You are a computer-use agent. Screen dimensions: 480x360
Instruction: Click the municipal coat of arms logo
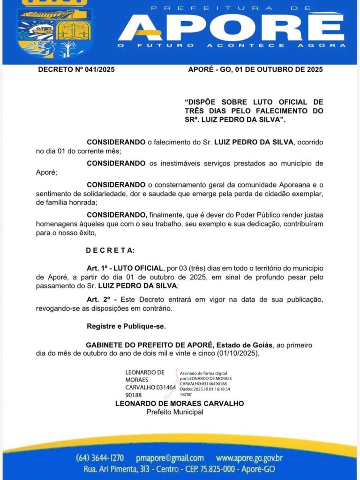55,30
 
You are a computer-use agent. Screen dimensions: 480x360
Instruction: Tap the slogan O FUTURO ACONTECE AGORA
232,45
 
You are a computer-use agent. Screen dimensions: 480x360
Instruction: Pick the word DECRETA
110,250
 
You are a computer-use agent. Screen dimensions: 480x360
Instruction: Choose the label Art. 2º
99,299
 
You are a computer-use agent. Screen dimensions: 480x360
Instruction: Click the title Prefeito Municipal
175,412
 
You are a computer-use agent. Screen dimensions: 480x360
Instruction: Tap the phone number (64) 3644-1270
100,458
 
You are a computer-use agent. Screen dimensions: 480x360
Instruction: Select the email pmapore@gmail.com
170,458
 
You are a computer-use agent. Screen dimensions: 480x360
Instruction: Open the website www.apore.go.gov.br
249,458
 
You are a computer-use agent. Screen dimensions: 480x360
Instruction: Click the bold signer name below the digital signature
180,404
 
